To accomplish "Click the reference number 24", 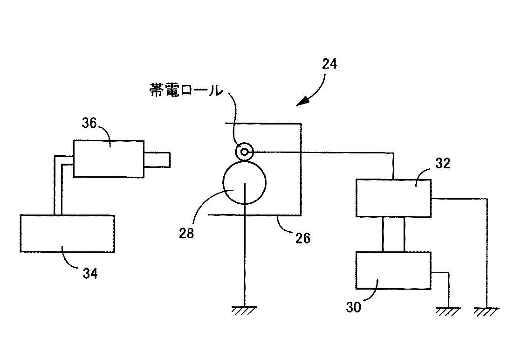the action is [329, 64].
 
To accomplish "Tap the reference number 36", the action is [89, 123].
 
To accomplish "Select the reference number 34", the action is [90, 273].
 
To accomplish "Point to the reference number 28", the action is [186, 233].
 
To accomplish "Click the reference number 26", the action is [303, 238].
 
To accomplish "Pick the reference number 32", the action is [443, 163].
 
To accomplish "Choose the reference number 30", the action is [353, 307].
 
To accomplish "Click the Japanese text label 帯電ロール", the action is [186, 90].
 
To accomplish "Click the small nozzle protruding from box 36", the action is [157, 159].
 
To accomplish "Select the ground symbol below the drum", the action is [244, 310].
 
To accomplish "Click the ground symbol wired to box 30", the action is [448, 312].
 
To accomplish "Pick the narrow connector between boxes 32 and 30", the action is [393, 235].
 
